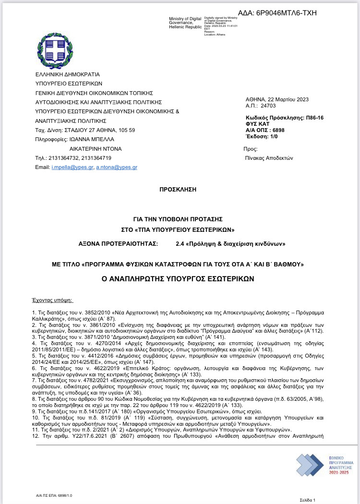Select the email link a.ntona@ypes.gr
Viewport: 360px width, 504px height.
click(117, 167)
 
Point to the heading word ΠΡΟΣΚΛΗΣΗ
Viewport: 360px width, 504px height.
click(178, 190)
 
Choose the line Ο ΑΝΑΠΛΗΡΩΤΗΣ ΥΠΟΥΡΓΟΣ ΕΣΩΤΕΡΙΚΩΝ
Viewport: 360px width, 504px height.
click(178, 278)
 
